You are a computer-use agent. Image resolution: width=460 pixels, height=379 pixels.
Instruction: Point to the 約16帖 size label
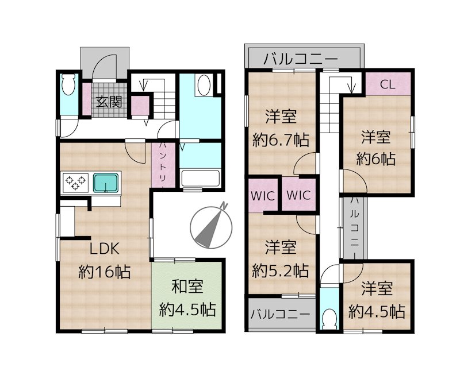(104, 270)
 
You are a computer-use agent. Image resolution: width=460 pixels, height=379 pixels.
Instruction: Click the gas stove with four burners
(74, 183)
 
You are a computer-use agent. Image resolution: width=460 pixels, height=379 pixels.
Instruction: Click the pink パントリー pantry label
(163, 164)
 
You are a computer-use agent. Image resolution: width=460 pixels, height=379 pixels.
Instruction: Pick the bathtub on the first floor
(201, 178)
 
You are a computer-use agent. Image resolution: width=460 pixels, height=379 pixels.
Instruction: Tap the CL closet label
(387, 84)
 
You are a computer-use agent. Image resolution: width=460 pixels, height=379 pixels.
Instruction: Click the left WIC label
(263, 195)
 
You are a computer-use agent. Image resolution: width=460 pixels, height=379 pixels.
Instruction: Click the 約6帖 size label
(377, 159)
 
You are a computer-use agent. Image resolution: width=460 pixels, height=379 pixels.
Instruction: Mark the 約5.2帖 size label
(281, 270)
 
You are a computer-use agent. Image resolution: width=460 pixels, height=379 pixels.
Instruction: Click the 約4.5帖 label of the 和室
(187, 310)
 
